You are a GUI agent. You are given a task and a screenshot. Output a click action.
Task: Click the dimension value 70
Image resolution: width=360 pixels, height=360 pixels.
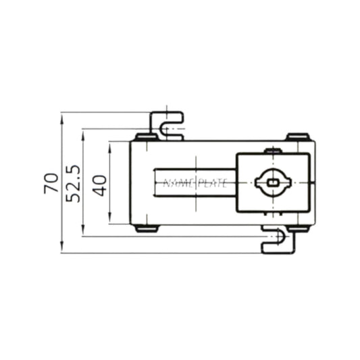coord(51,183)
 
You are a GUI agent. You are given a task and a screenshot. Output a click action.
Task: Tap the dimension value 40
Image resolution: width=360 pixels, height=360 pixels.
coord(99,183)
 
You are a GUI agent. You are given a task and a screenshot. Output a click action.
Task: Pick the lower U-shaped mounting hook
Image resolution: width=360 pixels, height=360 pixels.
coord(278,240)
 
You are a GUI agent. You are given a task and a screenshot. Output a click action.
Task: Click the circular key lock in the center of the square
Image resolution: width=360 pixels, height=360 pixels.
coord(273,182)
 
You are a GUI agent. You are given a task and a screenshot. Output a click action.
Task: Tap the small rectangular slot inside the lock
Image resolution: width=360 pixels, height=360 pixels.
coord(273,182)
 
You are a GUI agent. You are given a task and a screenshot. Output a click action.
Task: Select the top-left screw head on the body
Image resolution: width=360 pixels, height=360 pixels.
coord(145,137)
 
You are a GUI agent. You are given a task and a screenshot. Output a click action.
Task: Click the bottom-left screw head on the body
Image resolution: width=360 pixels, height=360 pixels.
coord(146,228)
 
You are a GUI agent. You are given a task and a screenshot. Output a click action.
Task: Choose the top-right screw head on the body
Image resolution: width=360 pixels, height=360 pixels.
coord(298,137)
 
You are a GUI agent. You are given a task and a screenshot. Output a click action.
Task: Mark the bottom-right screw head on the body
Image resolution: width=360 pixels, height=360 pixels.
coord(298,228)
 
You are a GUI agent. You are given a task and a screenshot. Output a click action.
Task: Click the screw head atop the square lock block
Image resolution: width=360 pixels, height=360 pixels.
coord(273,151)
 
